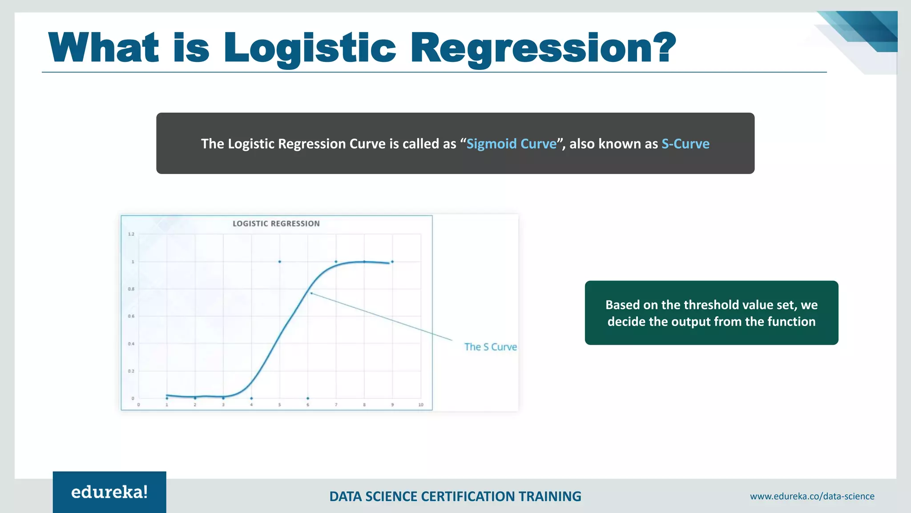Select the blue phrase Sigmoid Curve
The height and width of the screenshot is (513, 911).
(511, 144)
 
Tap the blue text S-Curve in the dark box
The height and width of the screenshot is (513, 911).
(685, 144)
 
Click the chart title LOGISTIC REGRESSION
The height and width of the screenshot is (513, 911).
(276, 224)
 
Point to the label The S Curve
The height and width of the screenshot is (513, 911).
(490, 347)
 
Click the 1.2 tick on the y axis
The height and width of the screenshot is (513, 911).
(131, 234)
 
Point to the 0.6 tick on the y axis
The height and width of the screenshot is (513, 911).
(131, 316)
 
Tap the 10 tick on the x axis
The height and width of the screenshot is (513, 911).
(420, 405)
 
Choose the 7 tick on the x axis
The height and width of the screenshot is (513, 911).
(336, 405)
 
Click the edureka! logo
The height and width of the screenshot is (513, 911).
(109, 492)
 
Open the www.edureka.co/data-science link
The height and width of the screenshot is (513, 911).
(812, 496)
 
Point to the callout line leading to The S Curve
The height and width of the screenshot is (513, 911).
(383, 317)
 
